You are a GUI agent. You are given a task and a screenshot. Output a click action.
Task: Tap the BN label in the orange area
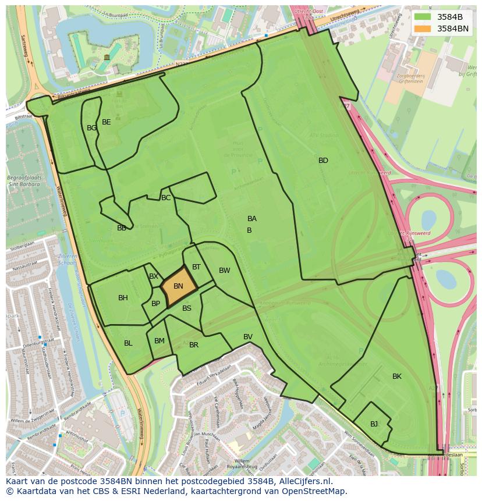[178, 286]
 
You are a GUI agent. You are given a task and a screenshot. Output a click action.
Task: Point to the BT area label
[196, 267]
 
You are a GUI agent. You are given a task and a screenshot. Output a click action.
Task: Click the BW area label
[224, 271]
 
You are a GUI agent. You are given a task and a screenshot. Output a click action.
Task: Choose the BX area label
[154, 276]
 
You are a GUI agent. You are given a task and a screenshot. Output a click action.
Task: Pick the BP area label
[155, 304]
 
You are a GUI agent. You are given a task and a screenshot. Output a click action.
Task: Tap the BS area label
[186, 308]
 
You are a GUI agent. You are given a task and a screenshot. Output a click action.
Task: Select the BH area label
[123, 298]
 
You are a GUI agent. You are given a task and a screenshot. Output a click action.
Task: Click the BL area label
[128, 343]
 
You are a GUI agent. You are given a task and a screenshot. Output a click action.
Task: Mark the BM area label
[159, 341]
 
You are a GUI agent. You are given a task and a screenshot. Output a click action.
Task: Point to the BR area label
[194, 345]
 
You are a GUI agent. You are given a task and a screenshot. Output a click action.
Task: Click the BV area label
[248, 337]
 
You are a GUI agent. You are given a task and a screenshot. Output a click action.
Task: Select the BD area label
[323, 161]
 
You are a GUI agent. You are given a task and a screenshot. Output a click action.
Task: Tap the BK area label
[396, 376]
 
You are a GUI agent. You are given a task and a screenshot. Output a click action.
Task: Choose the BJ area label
[374, 424]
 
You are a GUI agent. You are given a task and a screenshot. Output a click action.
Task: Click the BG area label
[91, 128]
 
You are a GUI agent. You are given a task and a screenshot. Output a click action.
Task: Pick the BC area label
[166, 198]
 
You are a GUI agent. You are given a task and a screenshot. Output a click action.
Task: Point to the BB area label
[121, 228]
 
